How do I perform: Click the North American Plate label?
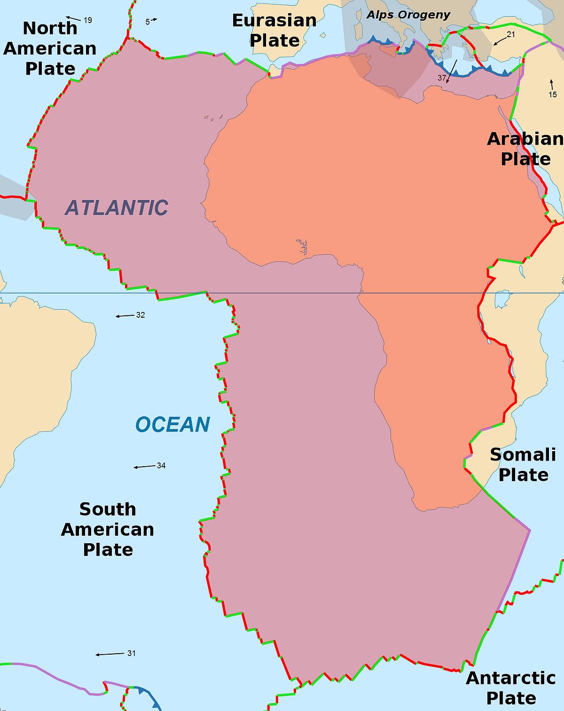pos(50,48)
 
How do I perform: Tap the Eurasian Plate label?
pos(274,31)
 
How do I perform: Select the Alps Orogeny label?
pos(408,15)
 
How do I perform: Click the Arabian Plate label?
pos(525,149)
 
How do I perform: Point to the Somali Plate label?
pos(523,464)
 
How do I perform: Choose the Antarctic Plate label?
pos(511,688)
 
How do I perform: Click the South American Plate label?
pos(108,529)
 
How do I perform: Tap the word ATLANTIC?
pos(117,208)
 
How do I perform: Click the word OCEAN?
pos(172,425)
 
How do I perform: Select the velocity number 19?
pos(88,20)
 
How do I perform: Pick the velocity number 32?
pos(141,315)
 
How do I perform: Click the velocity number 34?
pos(161,466)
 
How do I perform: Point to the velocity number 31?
pos(131,653)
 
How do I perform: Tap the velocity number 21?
pos(511,34)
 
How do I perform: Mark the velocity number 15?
pos(553,94)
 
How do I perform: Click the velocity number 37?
pos(442,78)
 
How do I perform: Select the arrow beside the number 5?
pos(154,20)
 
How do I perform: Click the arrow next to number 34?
pos(144,467)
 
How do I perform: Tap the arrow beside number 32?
pos(125,316)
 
